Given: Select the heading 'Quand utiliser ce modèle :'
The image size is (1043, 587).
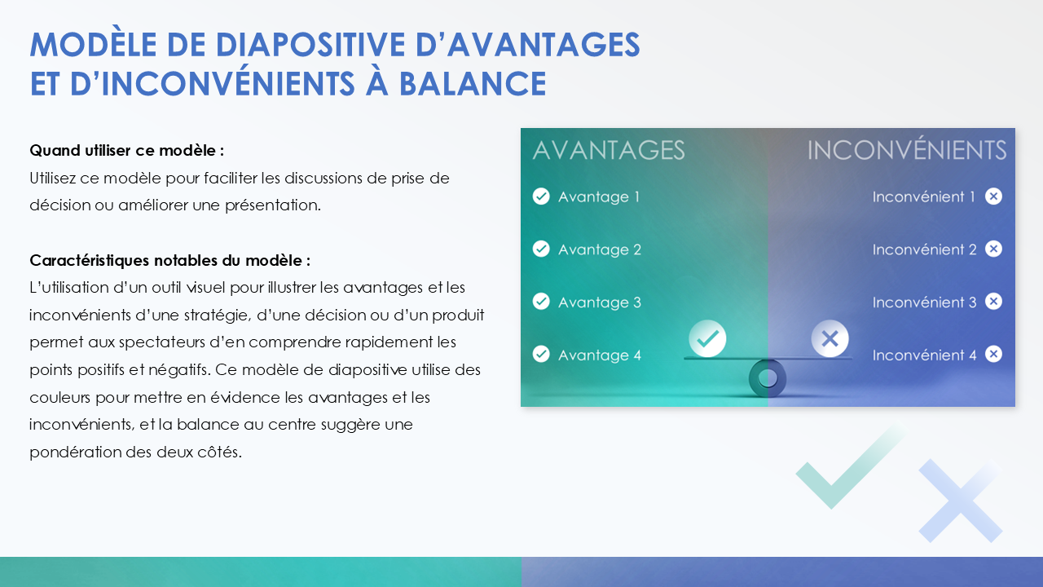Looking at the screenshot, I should click(126, 151).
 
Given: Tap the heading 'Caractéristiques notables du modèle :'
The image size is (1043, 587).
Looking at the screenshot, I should click(169, 261).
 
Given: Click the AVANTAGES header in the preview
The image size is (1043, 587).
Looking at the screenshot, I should click(608, 150).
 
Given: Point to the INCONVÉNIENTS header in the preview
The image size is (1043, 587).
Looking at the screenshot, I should click(906, 150).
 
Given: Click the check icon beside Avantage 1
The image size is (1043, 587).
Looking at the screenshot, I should click(540, 196).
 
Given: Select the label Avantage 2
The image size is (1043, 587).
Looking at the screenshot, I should click(599, 249).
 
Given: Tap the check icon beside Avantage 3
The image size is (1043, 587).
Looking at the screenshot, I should click(540, 302).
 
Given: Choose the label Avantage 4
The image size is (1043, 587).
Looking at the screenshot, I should click(599, 355).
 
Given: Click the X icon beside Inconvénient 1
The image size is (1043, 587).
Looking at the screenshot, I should click(993, 196).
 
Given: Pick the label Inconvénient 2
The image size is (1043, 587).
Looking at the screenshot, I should click(924, 249).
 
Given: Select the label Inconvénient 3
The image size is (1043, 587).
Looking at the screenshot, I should click(924, 302).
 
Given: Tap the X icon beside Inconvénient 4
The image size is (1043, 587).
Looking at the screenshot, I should click(993, 355).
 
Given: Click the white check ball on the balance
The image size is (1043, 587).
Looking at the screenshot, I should click(707, 338).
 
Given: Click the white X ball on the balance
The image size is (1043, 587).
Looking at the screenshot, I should click(830, 338).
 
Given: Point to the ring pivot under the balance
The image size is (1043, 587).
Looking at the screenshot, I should click(768, 378).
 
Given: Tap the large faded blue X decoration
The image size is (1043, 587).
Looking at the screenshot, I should click(960, 500).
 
